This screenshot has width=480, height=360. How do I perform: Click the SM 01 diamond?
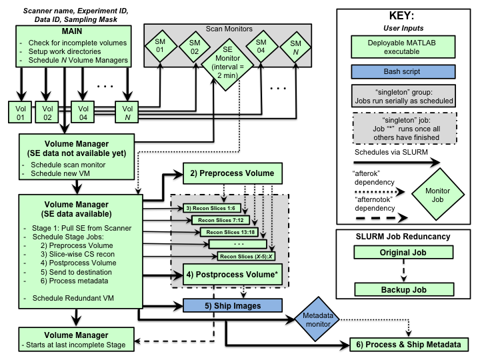[x=159, y=46]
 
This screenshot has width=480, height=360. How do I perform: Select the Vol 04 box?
[x=83, y=110]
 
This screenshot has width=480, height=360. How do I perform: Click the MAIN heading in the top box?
[x=63, y=32]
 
